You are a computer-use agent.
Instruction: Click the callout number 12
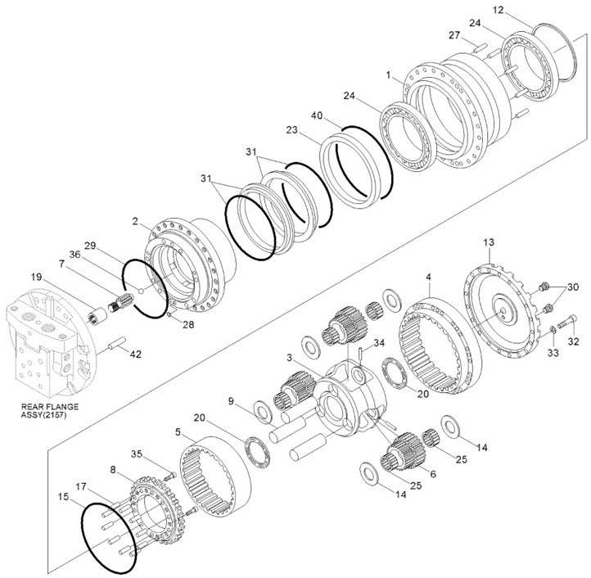coord(521,10)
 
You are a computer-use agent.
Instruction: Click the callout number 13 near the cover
coord(489,243)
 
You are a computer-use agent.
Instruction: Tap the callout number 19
coord(35,277)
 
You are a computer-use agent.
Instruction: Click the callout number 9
coord(232,400)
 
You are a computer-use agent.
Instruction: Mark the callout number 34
coord(378,342)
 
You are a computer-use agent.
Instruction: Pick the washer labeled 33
coord(553,328)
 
